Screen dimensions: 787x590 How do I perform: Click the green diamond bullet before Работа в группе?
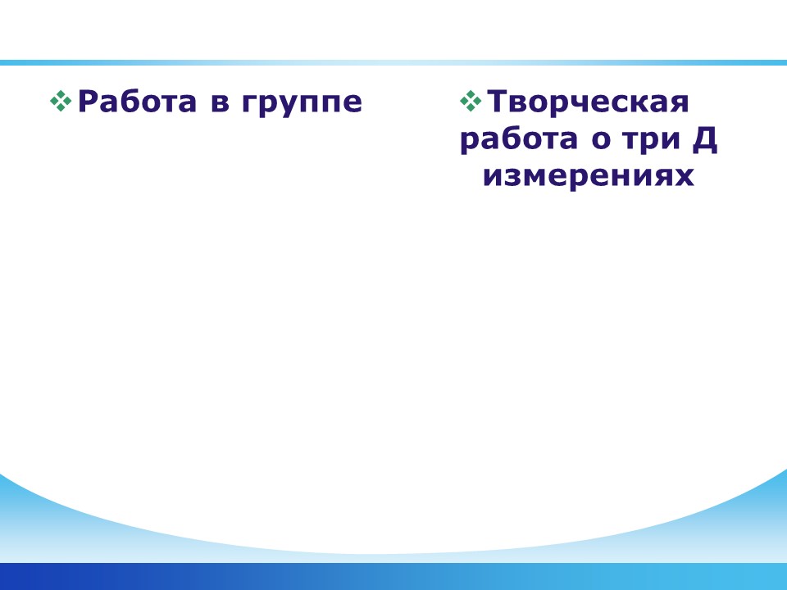pyautogui.click(x=61, y=101)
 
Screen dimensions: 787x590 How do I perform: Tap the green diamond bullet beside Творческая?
pyautogui.click(x=471, y=101)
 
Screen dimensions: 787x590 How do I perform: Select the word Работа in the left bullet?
pyautogui.click(x=137, y=102)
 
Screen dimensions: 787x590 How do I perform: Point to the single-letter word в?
pyautogui.click(x=221, y=104)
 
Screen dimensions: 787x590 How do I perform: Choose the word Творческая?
pyautogui.click(x=588, y=102)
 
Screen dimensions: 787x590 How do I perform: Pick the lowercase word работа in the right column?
pyautogui.click(x=518, y=140)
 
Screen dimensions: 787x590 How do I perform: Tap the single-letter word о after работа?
pyautogui.click(x=600, y=140)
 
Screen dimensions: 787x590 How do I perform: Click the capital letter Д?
pyautogui.click(x=705, y=140)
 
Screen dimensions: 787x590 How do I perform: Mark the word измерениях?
pyautogui.click(x=589, y=177)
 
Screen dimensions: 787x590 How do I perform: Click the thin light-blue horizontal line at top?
pyautogui.click(x=393, y=63)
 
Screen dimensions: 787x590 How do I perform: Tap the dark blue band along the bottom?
pyautogui.click(x=393, y=576)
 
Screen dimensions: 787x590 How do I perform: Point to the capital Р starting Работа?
pyautogui.click(x=89, y=102)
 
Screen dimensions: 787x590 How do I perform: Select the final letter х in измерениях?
pyautogui.click(x=684, y=178)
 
